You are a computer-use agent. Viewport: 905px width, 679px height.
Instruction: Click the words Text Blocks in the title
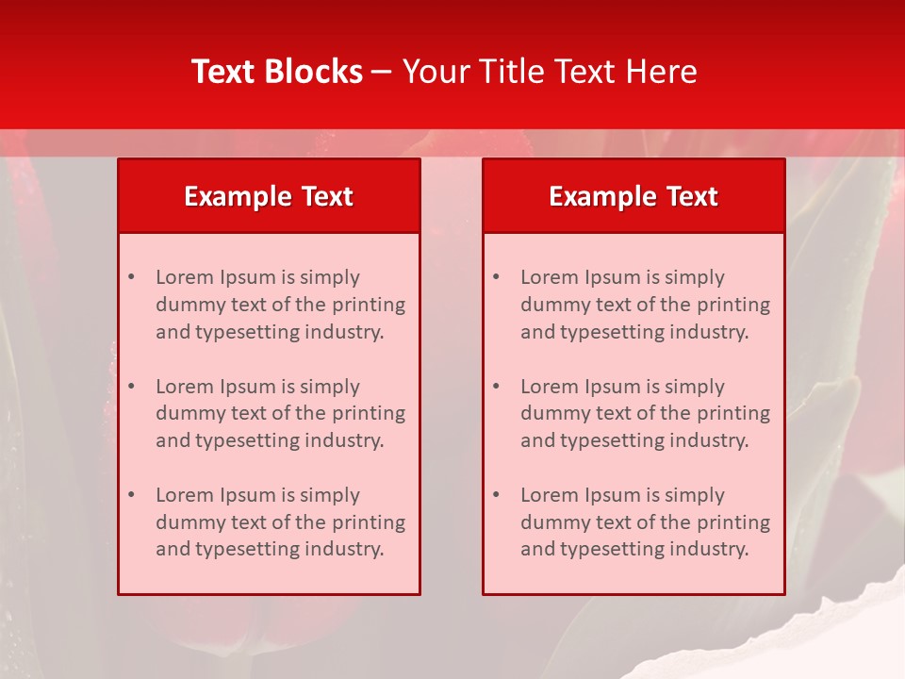tap(277, 72)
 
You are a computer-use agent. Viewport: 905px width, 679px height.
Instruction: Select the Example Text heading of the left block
tap(269, 196)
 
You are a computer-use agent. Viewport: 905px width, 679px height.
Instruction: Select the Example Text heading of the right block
tap(633, 196)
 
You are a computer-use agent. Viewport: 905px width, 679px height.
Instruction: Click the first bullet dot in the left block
tap(131, 277)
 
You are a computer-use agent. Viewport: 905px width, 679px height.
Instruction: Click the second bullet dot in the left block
tap(131, 387)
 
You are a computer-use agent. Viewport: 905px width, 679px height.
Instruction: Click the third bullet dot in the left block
tap(131, 495)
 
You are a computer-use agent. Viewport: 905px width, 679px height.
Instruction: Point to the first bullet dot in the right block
tap(496, 277)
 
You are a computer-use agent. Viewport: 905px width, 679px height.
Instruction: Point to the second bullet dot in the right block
tap(496, 387)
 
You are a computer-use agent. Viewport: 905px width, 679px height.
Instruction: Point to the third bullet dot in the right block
tap(496, 495)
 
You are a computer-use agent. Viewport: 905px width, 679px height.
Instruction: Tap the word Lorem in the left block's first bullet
tap(184, 277)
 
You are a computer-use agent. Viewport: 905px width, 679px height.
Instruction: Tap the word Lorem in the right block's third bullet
tap(549, 495)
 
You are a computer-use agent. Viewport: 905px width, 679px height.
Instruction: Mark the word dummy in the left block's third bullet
tap(187, 522)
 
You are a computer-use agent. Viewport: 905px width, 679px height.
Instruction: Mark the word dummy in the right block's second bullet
tap(551, 413)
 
